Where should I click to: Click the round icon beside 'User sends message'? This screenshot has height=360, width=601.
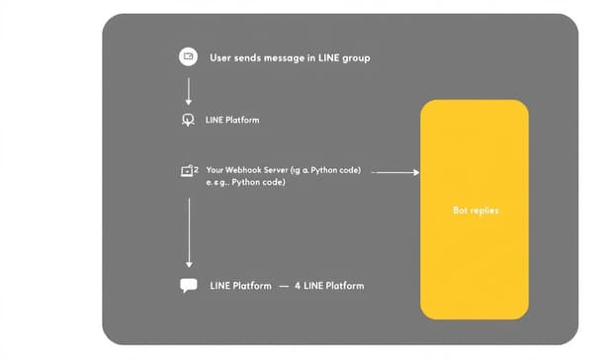tap(188, 57)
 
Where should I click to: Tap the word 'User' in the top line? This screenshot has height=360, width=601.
tap(220, 58)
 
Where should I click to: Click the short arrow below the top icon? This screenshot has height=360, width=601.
tap(188, 90)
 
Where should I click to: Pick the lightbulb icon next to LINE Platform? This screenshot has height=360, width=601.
tap(188, 120)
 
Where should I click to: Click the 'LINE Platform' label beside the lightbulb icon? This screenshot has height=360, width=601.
tap(232, 120)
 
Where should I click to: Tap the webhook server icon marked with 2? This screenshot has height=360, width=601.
tap(188, 171)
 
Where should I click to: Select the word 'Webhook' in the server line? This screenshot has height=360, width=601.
tap(247, 170)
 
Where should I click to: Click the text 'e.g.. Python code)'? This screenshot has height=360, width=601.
tap(246, 183)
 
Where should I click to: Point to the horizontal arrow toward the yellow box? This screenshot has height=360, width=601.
tap(397, 172)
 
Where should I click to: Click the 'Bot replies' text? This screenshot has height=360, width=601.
tap(474, 211)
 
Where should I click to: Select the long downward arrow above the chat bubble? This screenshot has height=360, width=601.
tap(188, 232)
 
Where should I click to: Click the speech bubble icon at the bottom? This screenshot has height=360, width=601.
tap(188, 286)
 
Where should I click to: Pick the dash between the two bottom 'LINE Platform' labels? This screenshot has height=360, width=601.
tap(284, 286)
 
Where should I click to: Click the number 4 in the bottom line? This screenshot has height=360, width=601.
tap(298, 286)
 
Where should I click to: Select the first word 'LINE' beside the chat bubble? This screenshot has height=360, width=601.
tap(219, 286)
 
